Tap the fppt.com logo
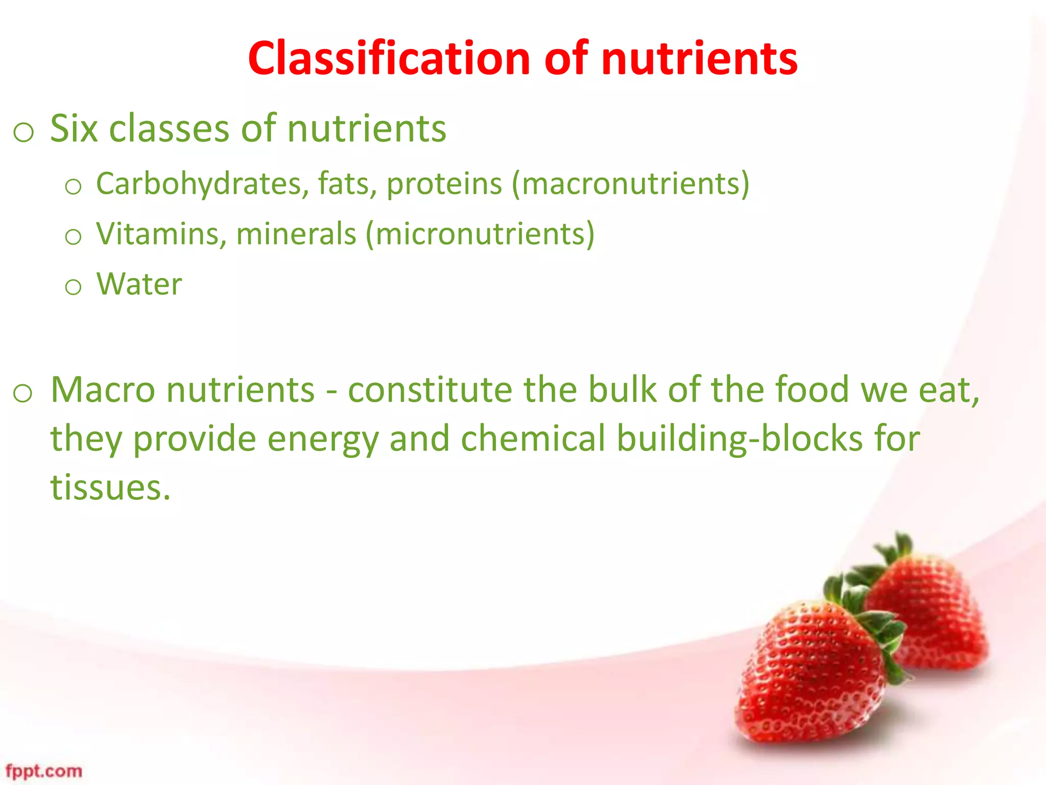(44, 771)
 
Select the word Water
(139, 284)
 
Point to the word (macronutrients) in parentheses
(630, 183)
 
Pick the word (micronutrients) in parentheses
(480, 234)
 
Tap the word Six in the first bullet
(74, 128)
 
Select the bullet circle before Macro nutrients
(23, 394)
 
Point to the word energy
(323, 439)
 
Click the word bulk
(622, 390)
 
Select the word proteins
(444, 183)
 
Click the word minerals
(296, 234)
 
